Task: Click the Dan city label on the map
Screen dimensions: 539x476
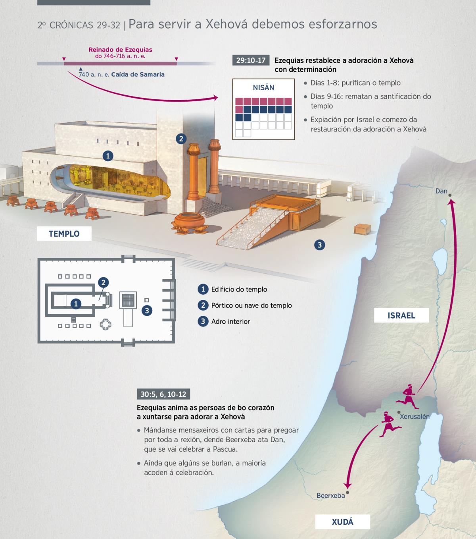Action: pyautogui.click(x=441, y=191)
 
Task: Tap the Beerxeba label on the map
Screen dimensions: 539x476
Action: pyautogui.click(x=330, y=495)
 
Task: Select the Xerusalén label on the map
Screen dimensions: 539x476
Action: pyautogui.click(x=415, y=417)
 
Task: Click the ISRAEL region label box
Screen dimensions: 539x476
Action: pyautogui.click(x=401, y=315)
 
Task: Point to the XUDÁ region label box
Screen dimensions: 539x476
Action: pyautogui.click(x=342, y=522)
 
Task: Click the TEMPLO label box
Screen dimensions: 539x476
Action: pyautogui.click(x=64, y=234)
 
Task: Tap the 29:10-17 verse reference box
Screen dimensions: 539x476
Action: pyautogui.click(x=251, y=60)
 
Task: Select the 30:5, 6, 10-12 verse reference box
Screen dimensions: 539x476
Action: pyautogui.click(x=163, y=394)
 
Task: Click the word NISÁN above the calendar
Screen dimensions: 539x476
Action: pyautogui.click(x=263, y=88)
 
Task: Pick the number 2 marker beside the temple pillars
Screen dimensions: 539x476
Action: pyautogui.click(x=181, y=139)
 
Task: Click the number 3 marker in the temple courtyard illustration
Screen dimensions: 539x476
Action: pyautogui.click(x=320, y=245)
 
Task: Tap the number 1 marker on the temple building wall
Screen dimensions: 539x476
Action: pyautogui.click(x=107, y=156)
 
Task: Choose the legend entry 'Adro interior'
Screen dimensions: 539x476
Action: pyautogui.click(x=230, y=321)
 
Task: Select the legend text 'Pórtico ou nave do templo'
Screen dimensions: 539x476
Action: pyautogui.click(x=251, y=305)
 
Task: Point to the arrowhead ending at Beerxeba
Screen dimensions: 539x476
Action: pyautogui.click(x=348, y=485)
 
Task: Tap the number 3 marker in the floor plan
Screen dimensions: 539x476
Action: pyautogui.click(x=147, y=311)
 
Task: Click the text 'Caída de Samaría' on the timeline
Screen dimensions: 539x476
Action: pyautogui.click(x=138, y=74)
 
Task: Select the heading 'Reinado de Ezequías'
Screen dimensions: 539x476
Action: pyautogui.click(x=120, y=50)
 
